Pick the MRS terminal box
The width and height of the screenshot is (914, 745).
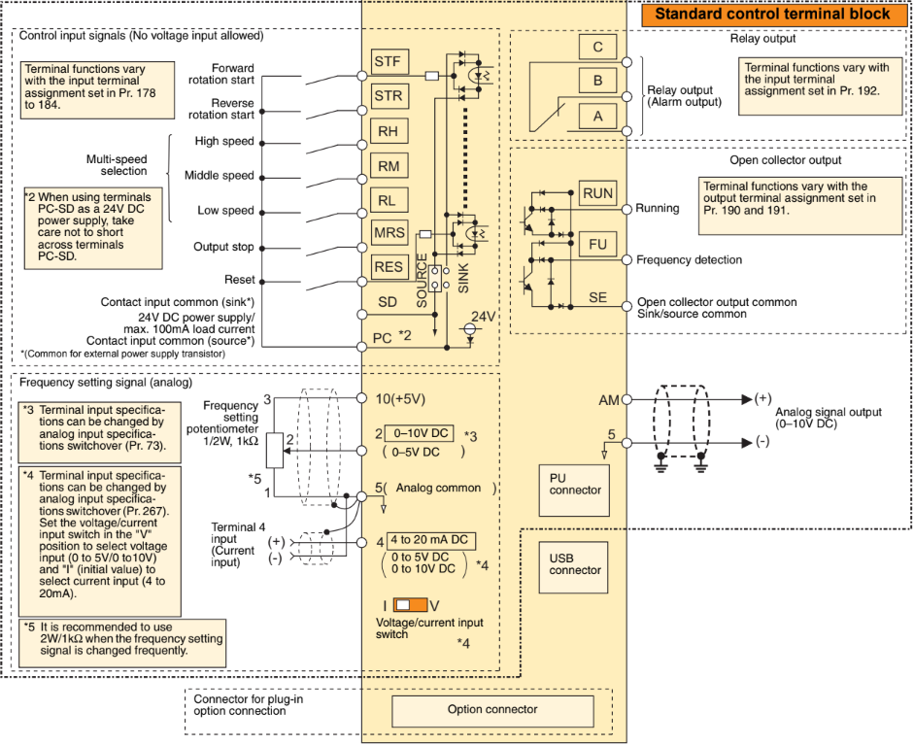tap(389, 233)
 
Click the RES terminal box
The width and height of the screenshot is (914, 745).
tap(389, 267)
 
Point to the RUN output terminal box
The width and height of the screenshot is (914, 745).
tap(598, 193)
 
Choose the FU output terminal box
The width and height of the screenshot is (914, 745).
tap(598, 244)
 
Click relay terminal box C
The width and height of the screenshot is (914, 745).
tap(597, 46)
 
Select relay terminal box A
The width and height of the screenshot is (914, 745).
tap(597, 116)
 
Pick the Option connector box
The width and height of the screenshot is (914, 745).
tap(491, 710)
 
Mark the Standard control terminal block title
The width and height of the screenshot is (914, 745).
tap(772, 15)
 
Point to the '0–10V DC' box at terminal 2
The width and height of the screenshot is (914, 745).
tap(419, 433)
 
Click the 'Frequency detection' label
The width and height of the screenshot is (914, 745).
tap(689, 260)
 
